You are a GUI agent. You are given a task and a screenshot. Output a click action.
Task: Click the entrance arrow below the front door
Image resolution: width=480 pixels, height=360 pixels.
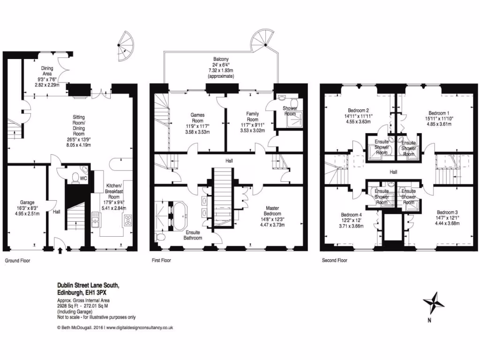coord(60,249)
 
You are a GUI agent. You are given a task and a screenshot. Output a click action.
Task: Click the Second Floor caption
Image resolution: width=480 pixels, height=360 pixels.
coord(334,260)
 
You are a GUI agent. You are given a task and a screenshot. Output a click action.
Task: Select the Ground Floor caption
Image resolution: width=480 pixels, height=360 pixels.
coord(18,260)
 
